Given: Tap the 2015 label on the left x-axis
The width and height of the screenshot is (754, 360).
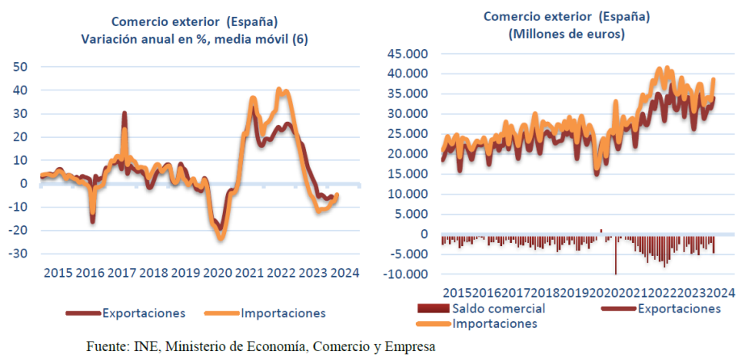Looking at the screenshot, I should pyautogui.click(x=58, y=274).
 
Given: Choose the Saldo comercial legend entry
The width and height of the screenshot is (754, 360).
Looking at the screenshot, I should pyautogui.click(x=498, y=308).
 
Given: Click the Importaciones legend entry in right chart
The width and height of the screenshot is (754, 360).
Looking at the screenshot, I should pyautogui.click(x=494, y=323).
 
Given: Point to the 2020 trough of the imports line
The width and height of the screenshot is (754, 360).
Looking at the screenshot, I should pyautogui.click(x=220, y=237).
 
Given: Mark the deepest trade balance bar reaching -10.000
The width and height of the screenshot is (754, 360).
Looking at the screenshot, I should pyautogui.click(x=615, y=271).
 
